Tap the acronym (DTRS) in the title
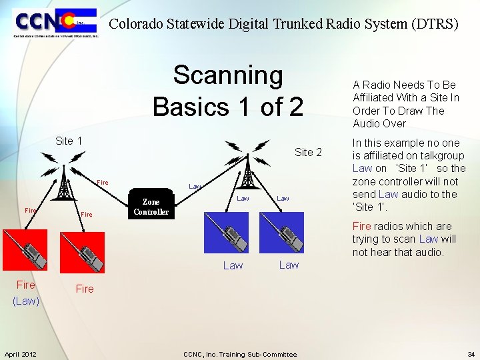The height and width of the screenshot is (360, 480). [x=437, y=25]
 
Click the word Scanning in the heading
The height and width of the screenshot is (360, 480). [x=228, y=76]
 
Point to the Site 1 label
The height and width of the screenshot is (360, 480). [x=69, y=141]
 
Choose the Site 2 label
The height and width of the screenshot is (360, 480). [x=308, y=152]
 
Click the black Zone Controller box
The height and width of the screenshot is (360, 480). [x=151, y=207]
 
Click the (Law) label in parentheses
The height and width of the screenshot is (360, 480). [x=26, y=301]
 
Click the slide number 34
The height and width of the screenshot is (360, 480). [x=471, y=354]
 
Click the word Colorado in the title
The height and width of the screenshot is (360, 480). [x=137, y=25]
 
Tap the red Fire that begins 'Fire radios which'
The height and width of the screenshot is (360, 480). [x=361, y=226]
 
